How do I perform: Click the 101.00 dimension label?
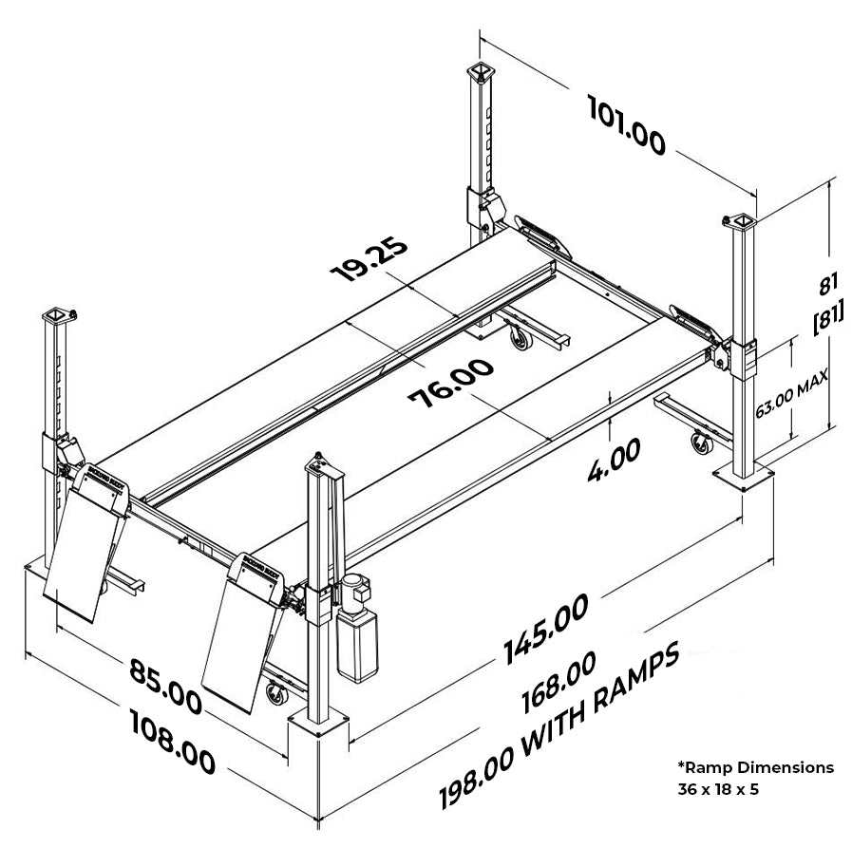click(x=626, y=125)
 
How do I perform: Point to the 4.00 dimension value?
click(x=613, y=460)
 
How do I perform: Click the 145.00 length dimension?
click(x=546, y=628)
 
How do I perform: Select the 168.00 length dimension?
click(x=559, y=682)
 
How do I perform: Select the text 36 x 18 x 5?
click(x=718, y=789)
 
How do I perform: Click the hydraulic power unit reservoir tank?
click(x=356, y=646)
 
